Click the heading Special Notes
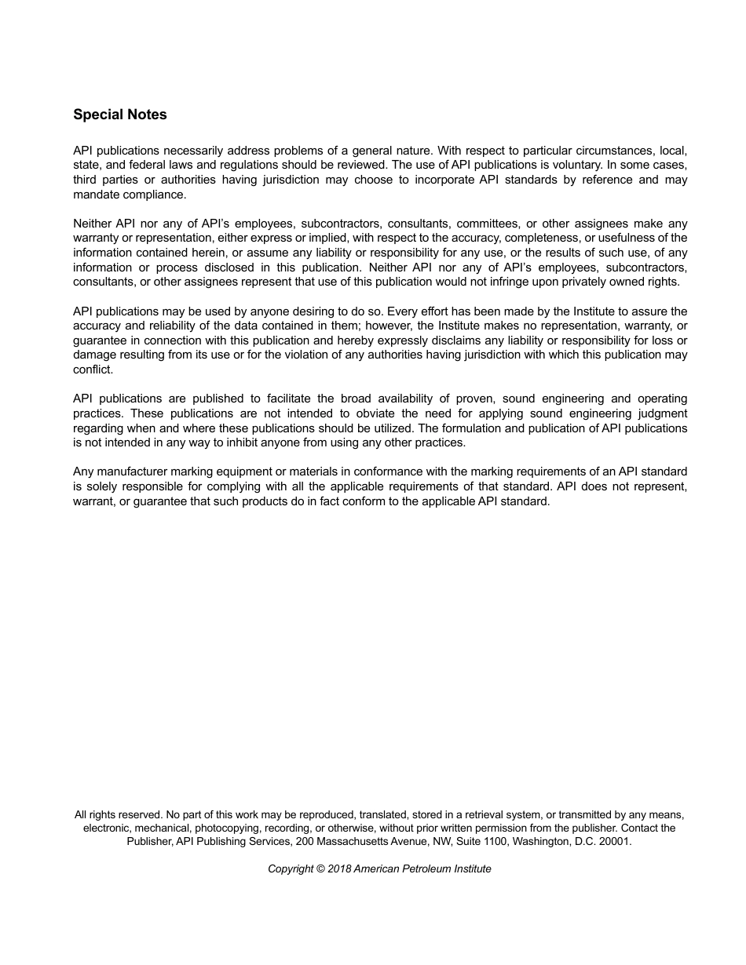(x=120, y=115)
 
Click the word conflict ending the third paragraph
(x=93, y=370)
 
